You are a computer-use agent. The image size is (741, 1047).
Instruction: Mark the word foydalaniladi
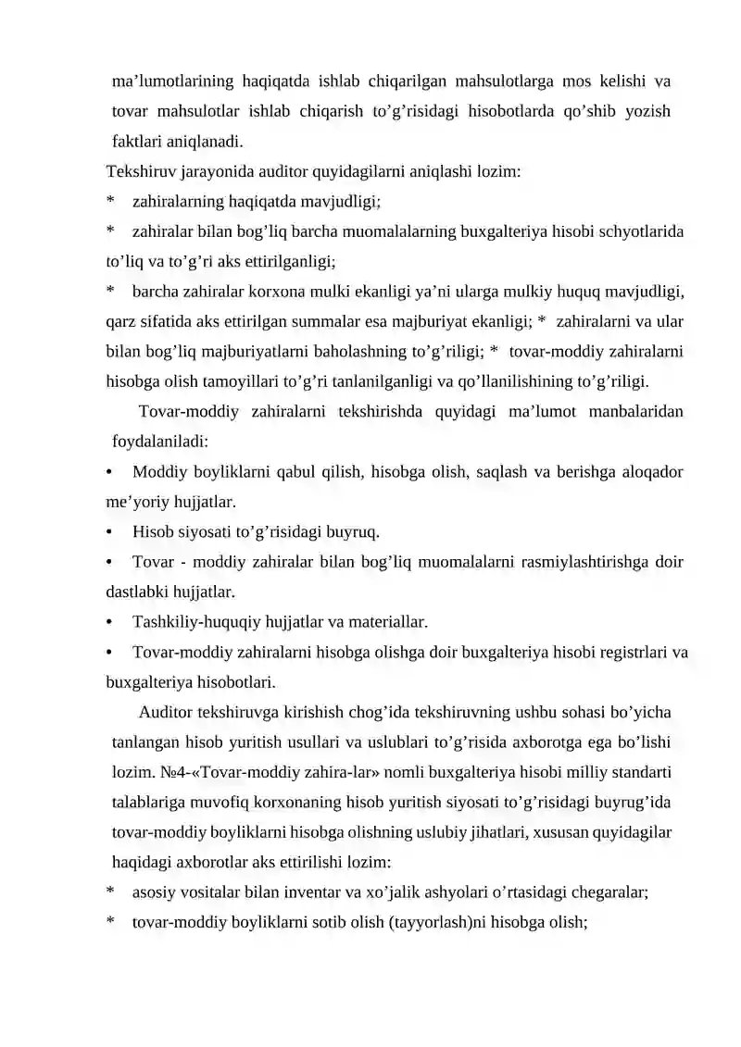(159, 442)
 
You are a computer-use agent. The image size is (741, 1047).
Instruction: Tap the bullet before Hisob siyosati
(110, 532)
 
